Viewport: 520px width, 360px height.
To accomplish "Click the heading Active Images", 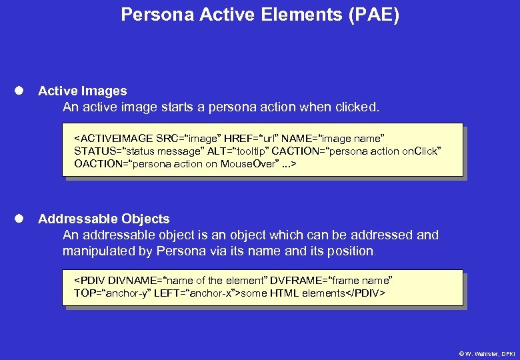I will coord(82,91).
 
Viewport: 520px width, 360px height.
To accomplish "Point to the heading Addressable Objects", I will coord(103,219).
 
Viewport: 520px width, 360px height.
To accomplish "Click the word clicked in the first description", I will coord(359,107).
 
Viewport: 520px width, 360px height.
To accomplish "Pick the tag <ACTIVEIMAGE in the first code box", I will coord(113,139).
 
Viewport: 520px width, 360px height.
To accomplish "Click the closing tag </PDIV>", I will coord(365,293).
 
